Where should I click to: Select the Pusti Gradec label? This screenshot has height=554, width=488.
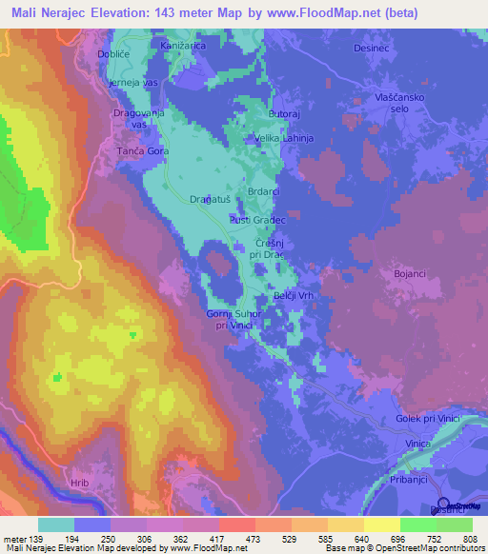[257, 219]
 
